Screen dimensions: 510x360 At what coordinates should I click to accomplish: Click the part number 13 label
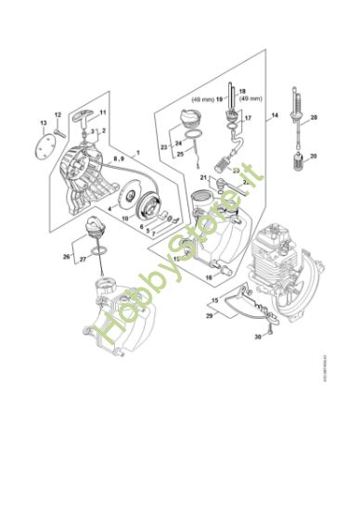[43, 122]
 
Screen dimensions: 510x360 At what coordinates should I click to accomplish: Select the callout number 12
[58, 114]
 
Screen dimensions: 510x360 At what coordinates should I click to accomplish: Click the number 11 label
[103, 114]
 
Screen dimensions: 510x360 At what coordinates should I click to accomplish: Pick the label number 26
[67, 256]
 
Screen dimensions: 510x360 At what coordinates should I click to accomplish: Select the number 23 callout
[163, 147]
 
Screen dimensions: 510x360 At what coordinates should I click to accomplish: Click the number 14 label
[275, 116]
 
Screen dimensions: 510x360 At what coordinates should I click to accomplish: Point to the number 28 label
[313, 118]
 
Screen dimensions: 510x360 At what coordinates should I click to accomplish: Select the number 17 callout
[248, 120]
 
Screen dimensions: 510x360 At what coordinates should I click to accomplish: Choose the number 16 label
[209, 276]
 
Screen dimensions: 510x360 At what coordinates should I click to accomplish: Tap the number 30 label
[256, 338]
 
